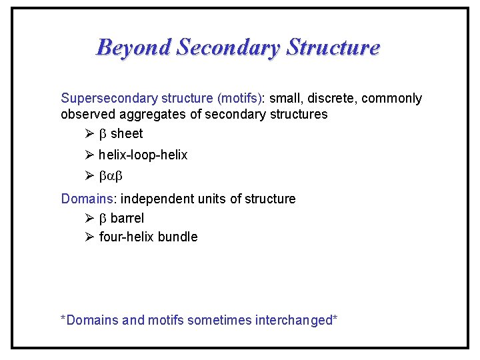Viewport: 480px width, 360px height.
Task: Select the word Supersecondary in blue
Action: coord(104,99)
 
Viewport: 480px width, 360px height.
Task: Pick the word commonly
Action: coord(393,99)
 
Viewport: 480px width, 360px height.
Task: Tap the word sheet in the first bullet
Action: coord(127,133)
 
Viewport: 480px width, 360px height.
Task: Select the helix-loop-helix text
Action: coord(143,155)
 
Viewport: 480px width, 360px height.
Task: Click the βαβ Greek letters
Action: coord(111,177)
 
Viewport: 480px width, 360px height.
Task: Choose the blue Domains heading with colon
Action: coord(89,199)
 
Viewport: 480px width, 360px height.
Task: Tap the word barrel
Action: coord(127,218)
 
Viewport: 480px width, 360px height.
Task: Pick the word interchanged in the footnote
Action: coord(295,320)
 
